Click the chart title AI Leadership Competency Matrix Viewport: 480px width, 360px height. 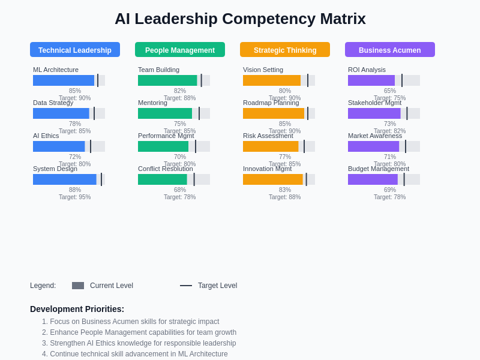pyautogui.click(x=240, y=19)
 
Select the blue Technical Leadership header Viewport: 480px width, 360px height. pyautogui.click(x=75, y=50)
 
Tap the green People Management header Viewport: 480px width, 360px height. pyautogui.click(x=180, y=50)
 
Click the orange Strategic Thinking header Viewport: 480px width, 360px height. pyautogui.click(x=285, y=50)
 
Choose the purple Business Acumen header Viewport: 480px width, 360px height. pyautogui.click(x=390, y=50)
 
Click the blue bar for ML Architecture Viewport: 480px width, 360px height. pyautogui.click(x=64, y=80)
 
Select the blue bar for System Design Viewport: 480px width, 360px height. pyautogui.click(x=65, y=179)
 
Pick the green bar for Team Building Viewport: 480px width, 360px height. pyautogui.click(x=167, y=80)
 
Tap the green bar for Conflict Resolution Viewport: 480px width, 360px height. pyautogui.click(x=163, y=179)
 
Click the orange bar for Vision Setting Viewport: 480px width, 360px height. pyautogui.click(x=272, y=80)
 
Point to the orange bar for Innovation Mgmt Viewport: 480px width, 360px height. pyautogui.click(x=273, y=179)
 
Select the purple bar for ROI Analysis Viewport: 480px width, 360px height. pyautogui.click(x=371, y=80)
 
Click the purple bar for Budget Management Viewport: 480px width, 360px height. pyautogui.click(x=373, y=179)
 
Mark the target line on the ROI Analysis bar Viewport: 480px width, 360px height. pyautogui.click(x=402, y=80)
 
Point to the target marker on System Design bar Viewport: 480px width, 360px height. pyautogui.click(x=101, y=179)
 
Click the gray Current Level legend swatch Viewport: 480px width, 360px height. pyautogui.click(x=78, y=286)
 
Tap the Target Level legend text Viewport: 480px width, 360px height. pyautogui.click(x=217, y=286)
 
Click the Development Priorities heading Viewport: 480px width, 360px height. pyautogui.click(x=77, y=309)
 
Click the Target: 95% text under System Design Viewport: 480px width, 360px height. pyautogui.click(x=75, y=197)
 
